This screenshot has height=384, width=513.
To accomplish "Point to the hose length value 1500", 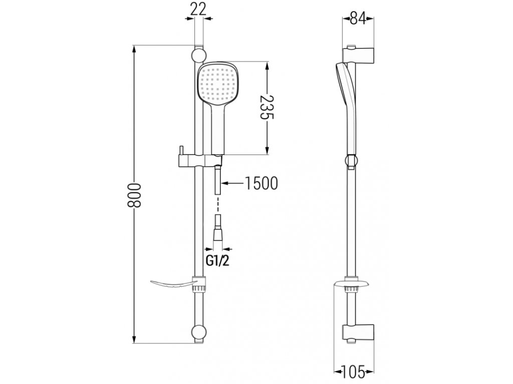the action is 260,184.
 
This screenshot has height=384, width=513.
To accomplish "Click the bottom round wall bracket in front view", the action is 198,332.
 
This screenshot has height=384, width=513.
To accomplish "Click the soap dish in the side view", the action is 352,285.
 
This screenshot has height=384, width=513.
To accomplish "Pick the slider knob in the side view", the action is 352,161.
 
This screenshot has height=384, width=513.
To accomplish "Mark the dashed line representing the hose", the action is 217,204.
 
